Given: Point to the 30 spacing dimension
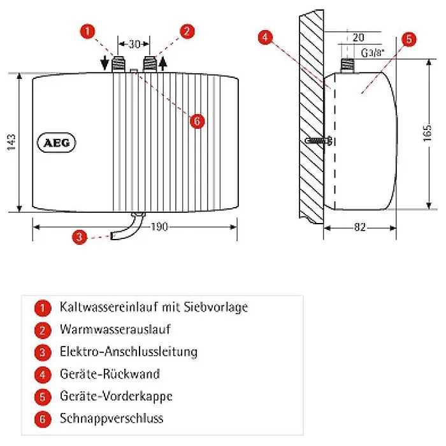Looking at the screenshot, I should (134, 44).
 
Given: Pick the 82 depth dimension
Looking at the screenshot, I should (361, 226).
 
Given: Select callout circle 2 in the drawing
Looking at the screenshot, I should (187, 30).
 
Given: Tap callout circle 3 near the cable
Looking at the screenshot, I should (78, 238).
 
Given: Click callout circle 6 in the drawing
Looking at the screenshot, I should (197, 121).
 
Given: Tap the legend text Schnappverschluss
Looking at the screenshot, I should (111, 419).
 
